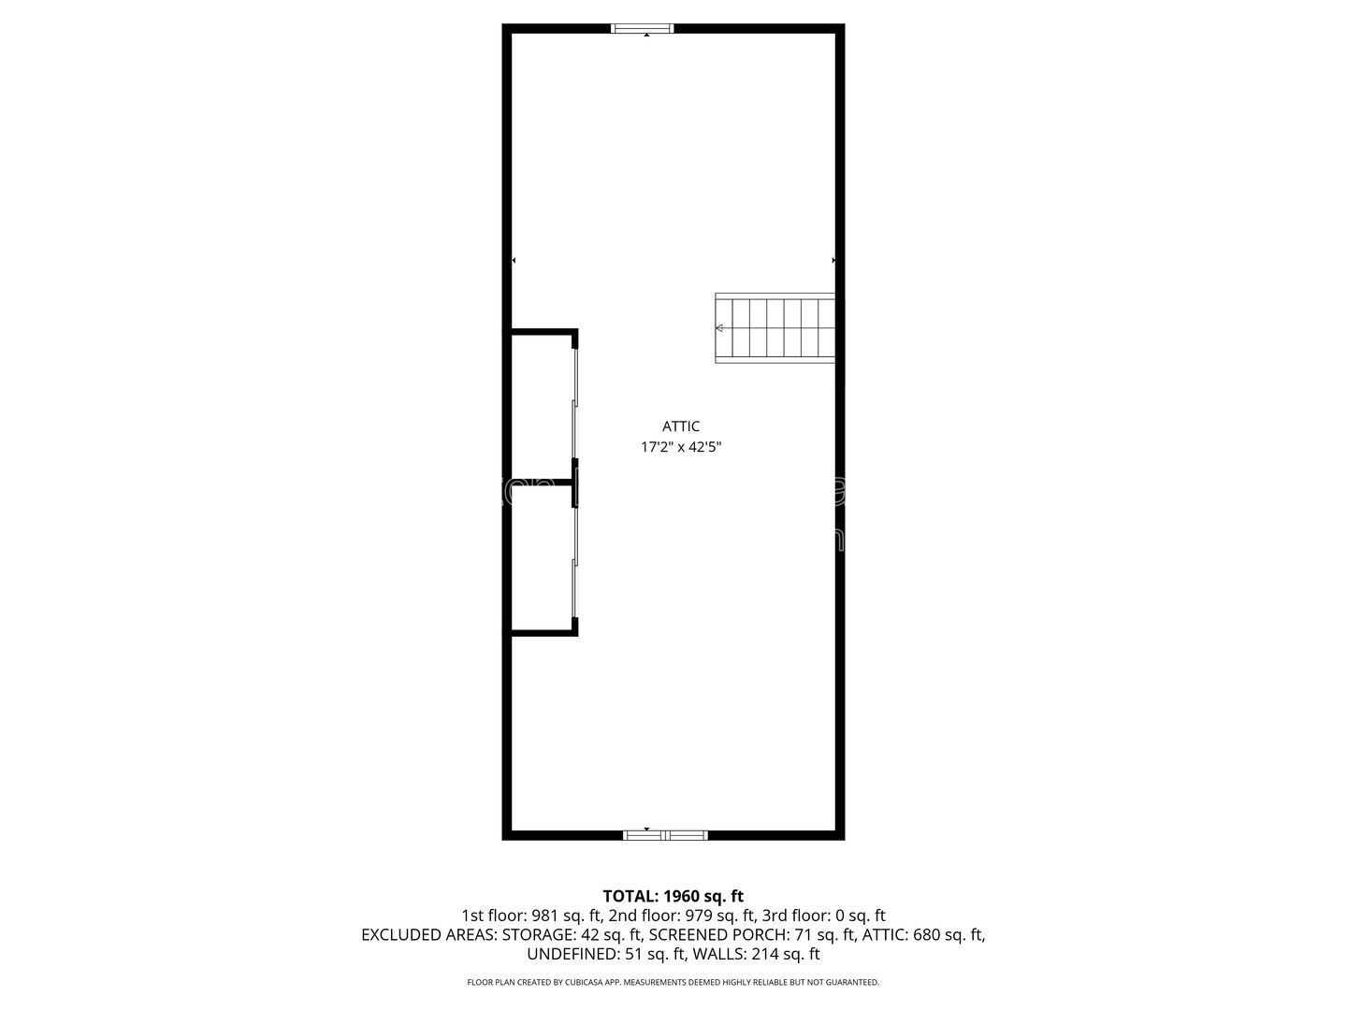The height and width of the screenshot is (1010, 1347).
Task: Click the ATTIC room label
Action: coord(681,426)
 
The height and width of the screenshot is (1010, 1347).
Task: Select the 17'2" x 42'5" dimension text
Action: coord(681,447)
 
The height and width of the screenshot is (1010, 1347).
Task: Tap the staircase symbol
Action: coord(775,328)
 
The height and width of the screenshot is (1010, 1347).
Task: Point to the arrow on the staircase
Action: coord(720,328)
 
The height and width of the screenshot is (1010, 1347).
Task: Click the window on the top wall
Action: coord(642,29)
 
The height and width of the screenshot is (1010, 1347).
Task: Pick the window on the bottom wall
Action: coord(665,834)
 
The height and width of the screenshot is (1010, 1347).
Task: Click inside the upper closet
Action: coord(542,407)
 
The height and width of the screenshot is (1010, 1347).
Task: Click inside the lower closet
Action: coord(542,559)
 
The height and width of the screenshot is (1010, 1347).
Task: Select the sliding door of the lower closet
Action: coord(575,559)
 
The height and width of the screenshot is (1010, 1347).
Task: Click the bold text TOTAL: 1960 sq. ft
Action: coord(673,897)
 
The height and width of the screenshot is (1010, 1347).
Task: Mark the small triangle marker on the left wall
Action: coord(514,260)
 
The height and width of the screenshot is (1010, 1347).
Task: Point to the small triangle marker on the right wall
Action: coord(833,260)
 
